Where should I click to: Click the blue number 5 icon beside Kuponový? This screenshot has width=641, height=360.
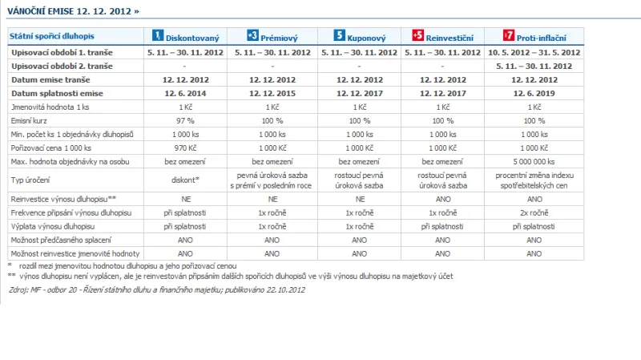click(x=340, y=36)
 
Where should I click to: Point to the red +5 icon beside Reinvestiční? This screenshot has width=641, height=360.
click(x=417, y=36)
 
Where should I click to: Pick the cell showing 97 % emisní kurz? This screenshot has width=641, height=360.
click(x=186, y=119)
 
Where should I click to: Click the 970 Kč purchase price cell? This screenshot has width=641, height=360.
click(x=186, y=148)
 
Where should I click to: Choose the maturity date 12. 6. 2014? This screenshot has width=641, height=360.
click(x=186, y=93)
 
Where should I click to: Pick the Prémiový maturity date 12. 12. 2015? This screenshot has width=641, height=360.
click(x=272, y=93)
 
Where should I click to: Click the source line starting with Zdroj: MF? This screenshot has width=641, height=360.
click(x=156, y=289)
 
